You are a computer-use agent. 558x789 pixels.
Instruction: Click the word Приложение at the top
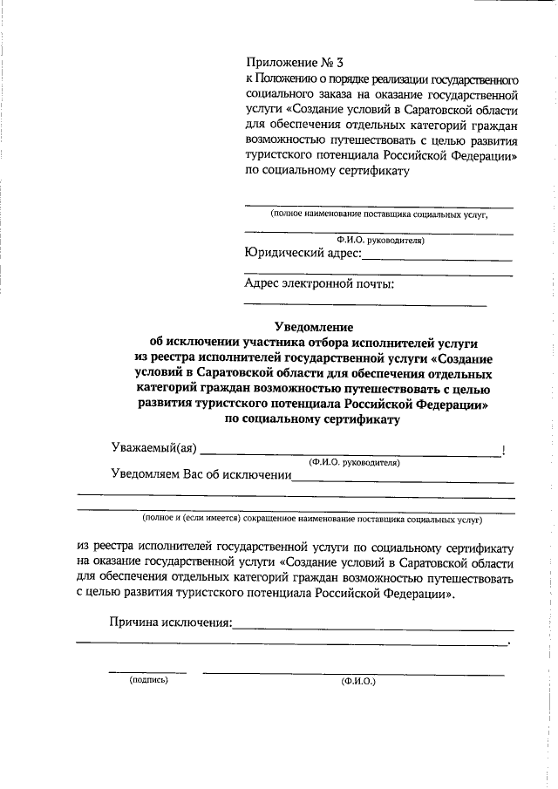click(x=277, y=62)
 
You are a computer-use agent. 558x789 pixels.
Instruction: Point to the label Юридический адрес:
click(x=302, y=254)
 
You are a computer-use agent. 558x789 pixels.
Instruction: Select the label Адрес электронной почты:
click(x=319, y=283)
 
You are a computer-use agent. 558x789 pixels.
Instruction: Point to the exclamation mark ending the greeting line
click(x=504, y=450)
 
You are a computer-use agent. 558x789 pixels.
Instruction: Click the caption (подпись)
click(x=147, y=680)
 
